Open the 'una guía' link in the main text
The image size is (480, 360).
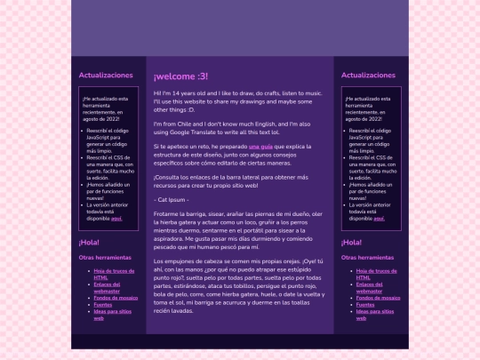click(260, 145)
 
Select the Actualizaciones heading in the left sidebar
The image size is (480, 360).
click(106, 76)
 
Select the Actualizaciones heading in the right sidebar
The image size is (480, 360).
click(368, 76)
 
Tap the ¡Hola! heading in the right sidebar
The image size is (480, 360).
click(352, 242)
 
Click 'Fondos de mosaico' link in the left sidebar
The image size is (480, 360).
click(116, 297)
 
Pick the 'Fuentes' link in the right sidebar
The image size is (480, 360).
click(364, 305)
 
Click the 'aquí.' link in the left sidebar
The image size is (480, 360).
click(116, 218)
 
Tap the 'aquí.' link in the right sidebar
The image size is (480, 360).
click(379, 218)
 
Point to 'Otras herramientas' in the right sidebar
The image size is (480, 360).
click(367, 258)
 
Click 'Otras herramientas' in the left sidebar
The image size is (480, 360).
click(105, 258)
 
